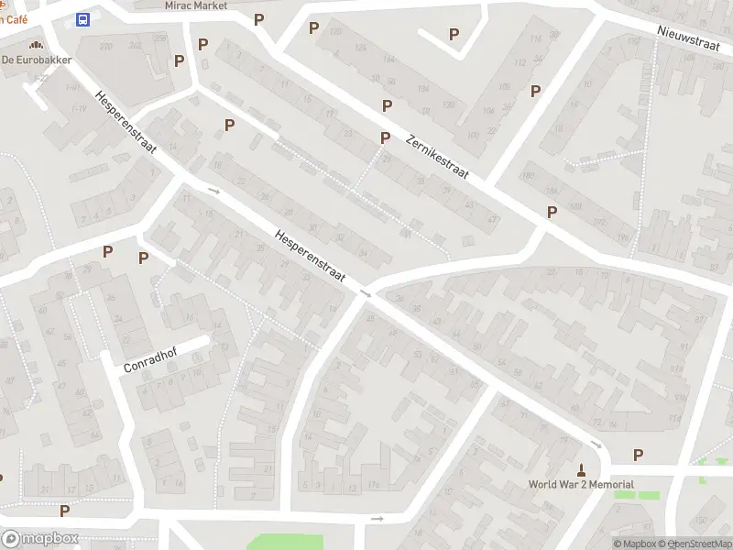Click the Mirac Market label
pos(196,5)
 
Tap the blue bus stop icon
pos(83,20)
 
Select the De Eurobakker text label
pos(36,60)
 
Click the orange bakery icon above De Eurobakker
pos(36,44)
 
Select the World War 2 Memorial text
pos(581,485)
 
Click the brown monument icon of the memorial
pos(581,468)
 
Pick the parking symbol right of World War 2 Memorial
pos(638,455)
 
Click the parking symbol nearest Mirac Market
pos(259,20)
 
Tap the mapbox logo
pos(40,539)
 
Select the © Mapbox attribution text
pos(634,544)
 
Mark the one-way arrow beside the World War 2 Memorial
pos(596,445)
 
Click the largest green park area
pos(285,542)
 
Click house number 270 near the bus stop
pos(107,46)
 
